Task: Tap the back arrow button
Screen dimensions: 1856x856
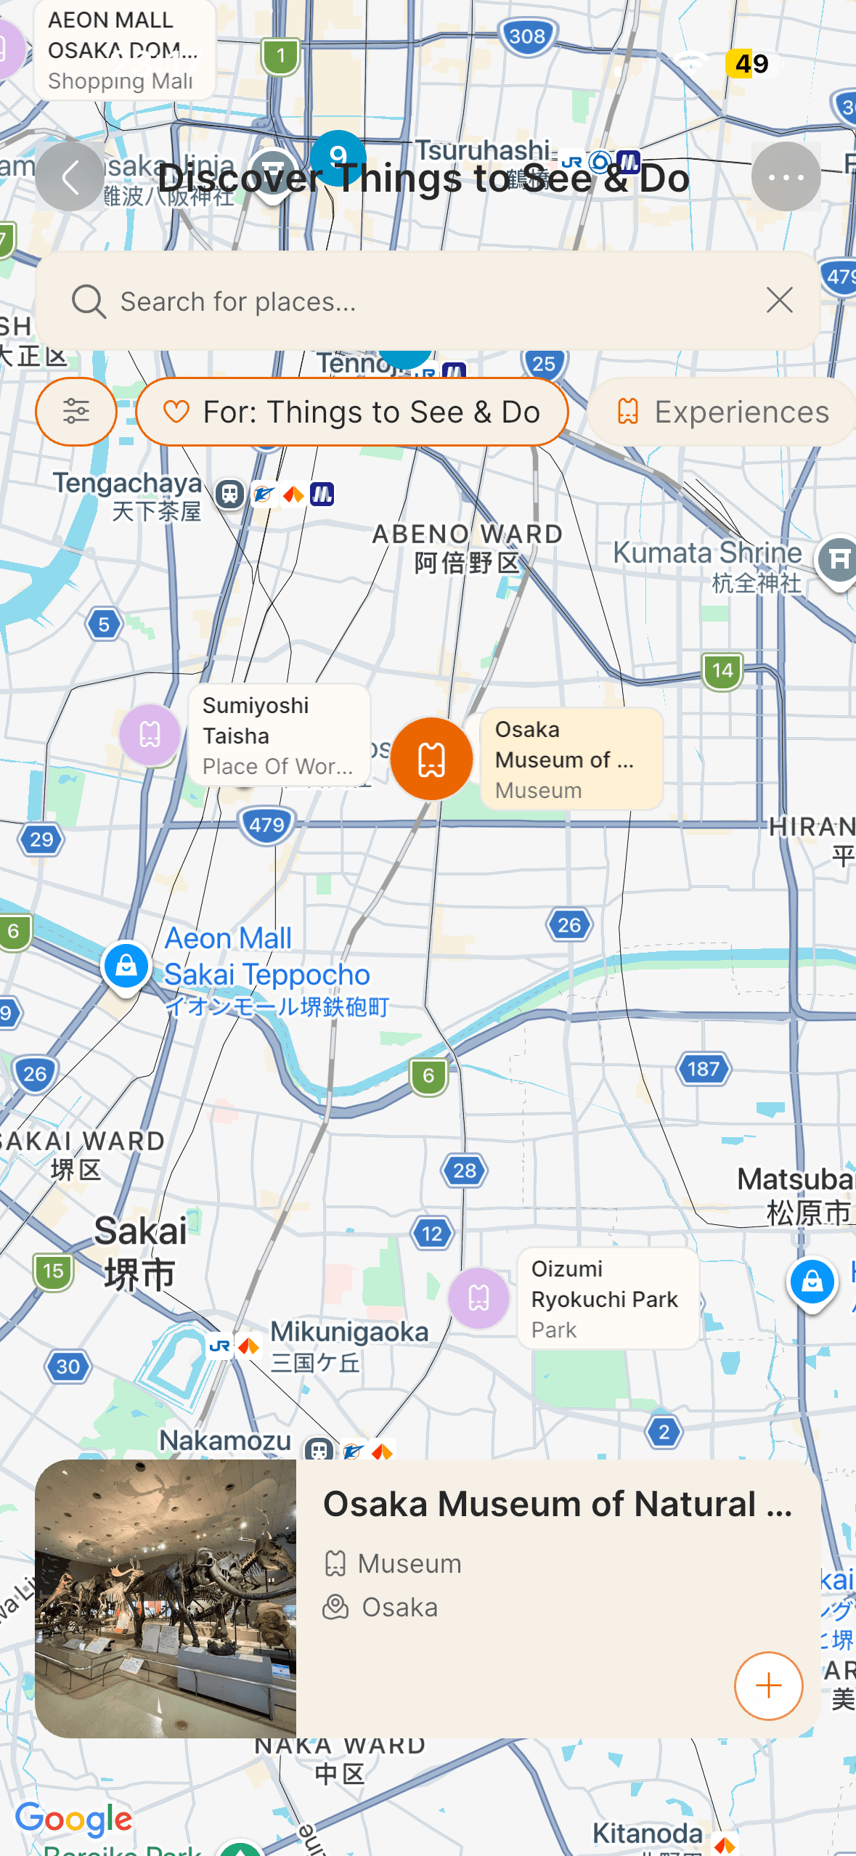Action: (x=70, y=177)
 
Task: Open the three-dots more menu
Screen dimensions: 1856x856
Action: (x=786, y=177)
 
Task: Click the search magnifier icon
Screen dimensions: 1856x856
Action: (x=89, y=301)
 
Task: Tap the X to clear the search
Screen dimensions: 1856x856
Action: (x=780, y=300)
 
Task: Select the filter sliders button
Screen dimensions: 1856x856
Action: (x=76, y=412)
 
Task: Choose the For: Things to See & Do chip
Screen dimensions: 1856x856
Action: (x=352, y=412)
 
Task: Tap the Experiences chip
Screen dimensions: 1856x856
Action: (x=722, y=412)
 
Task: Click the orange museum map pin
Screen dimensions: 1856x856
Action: (x=431, y=759)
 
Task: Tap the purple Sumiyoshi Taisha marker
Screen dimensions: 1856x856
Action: (x=150, y=735)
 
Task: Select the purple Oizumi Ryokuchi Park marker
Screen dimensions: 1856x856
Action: (x=478, y=1298)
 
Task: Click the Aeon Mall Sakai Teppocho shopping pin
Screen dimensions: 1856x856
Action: (x=126, y=966)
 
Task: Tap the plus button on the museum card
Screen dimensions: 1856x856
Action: (x=768, y=1685)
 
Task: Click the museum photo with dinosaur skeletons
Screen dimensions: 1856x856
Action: (x=166, y=1598)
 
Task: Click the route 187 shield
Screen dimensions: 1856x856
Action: (x=704, y=1069)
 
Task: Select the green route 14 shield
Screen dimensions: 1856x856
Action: (x=722, y=671)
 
